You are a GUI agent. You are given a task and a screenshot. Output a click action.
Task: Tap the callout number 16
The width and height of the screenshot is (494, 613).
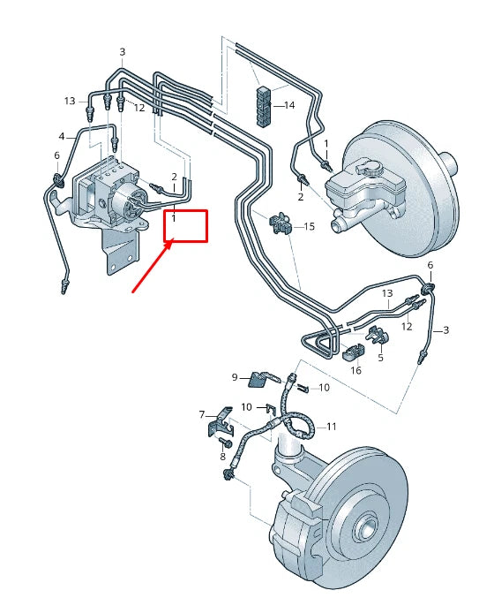356,370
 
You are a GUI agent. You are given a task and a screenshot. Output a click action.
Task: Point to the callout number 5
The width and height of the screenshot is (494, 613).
380,358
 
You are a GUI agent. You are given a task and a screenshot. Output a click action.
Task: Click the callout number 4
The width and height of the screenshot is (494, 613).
62,136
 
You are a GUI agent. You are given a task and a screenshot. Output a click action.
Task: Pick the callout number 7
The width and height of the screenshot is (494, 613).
201,414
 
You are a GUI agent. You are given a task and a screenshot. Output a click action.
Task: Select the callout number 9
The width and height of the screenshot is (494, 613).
236,377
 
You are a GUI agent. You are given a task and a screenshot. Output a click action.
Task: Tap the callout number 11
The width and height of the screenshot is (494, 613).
332,426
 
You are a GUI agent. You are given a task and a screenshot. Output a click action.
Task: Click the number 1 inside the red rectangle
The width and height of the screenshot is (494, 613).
174,217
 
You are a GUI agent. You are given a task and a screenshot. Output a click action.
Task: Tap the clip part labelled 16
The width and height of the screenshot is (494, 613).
352,352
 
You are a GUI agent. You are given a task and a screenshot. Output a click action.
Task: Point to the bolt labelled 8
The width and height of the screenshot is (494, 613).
222,442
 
